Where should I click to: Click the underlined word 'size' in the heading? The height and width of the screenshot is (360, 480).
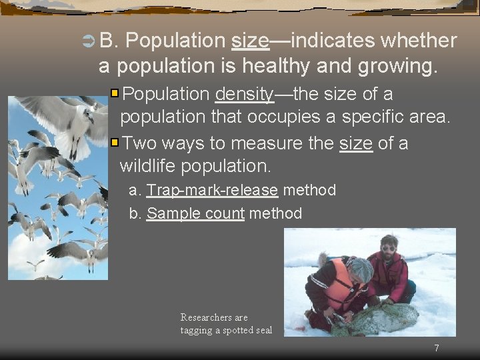[250, 41]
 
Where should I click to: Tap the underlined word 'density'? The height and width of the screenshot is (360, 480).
[244, 94]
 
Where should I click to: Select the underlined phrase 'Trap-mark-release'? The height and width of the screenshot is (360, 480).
[212, 191]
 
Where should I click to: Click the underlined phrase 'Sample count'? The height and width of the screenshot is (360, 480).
[195, 214]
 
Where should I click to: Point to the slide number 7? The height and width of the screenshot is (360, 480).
[437, 348]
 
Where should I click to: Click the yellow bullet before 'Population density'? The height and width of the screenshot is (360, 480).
[115, 93]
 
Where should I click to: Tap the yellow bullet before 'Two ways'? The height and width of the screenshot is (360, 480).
[115, 142]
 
